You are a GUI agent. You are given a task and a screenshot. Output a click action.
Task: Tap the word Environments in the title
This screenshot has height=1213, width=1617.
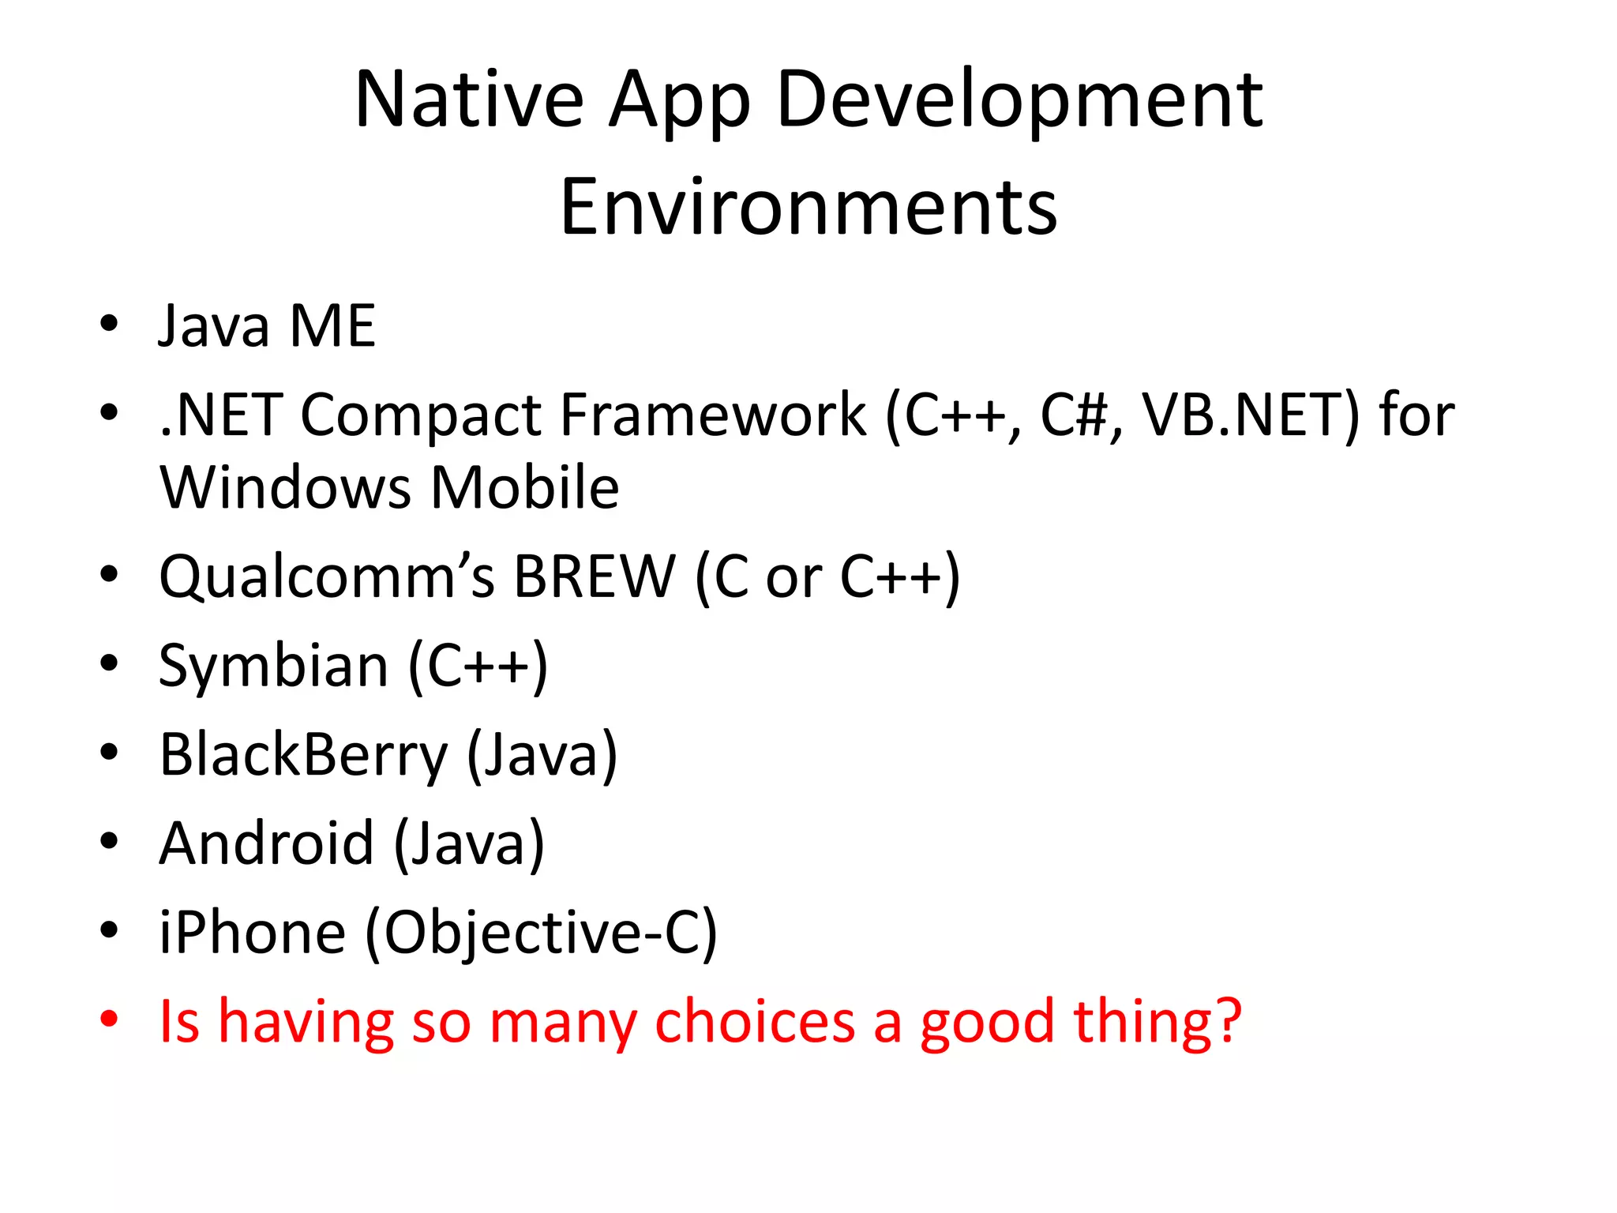coord(808,207)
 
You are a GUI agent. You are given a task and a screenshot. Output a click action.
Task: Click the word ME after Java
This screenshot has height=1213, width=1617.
coord(332,325)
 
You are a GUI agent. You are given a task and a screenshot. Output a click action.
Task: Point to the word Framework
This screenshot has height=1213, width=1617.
coord(713,415)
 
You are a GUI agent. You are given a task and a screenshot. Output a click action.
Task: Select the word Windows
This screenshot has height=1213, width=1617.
coord(285,487)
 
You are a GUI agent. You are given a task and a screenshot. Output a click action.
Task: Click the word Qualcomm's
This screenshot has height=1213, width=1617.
coord(327,576)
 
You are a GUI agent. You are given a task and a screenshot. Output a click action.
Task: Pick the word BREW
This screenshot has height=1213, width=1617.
coord(595,576)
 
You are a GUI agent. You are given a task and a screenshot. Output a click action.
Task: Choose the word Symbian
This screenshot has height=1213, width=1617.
coord(273,666)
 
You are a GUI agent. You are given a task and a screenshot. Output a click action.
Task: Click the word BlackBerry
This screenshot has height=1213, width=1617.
coord(303,755)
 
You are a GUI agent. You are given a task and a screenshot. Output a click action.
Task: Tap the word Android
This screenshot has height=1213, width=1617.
coord(266,843)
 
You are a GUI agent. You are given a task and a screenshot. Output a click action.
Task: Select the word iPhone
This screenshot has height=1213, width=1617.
coord(252,933)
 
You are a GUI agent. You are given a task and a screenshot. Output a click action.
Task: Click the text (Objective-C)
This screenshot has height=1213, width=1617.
coord(541,933)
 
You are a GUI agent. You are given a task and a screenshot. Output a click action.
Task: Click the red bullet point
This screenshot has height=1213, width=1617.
coord(109,1019)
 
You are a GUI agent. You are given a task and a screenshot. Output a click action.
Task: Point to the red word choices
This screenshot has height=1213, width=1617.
coord(755,1021)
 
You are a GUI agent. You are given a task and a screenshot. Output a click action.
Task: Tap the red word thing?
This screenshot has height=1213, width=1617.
coord(1157,1021)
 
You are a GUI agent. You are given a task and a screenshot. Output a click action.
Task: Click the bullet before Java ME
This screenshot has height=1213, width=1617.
coord(109,324)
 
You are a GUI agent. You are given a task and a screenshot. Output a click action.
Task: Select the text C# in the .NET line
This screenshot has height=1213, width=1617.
coord(1075,415)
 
